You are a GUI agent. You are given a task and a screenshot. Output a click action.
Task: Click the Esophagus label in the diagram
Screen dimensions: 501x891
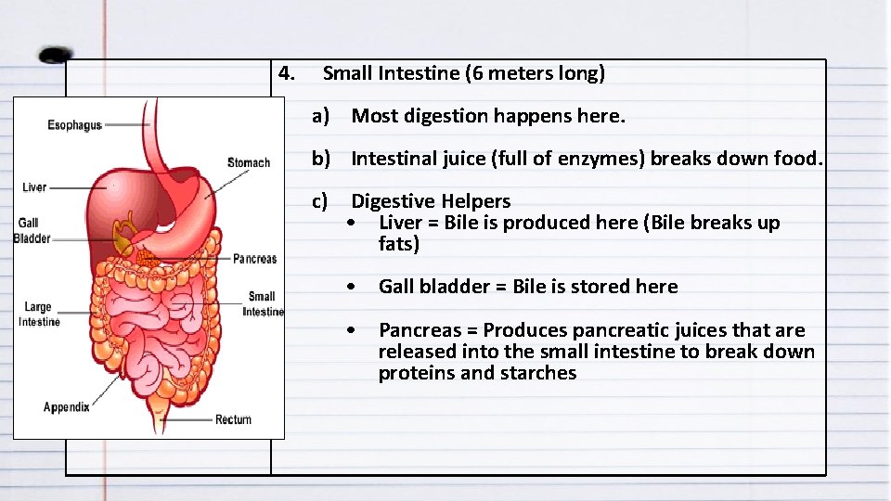coord(74,125)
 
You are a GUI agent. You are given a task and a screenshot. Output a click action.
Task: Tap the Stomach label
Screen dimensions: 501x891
coord(248,163)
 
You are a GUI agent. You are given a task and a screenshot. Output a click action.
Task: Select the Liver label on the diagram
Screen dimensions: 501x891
coord(34,187)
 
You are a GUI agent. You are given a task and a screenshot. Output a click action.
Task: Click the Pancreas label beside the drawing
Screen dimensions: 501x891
coord(254,259)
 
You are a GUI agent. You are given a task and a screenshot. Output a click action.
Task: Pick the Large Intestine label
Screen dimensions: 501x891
coord(39,315)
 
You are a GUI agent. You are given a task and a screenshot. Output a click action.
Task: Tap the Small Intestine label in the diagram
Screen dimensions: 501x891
coord(263,304)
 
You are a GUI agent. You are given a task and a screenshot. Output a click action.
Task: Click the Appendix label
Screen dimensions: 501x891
coord(67,407)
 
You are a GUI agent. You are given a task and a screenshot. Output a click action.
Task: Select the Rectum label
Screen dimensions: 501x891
coord(233,419)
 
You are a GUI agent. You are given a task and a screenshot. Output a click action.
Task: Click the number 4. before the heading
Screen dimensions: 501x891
coord(287,73)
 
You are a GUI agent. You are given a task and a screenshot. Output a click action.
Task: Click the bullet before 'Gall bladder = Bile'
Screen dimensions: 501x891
coord(351,287)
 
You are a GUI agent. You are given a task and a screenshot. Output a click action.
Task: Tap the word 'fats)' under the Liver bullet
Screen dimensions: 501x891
coord(399,245)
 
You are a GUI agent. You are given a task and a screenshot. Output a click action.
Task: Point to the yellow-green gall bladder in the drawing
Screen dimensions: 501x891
coord(123,233)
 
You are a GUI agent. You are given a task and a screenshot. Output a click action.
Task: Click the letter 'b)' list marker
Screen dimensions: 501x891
coord(321,159)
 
